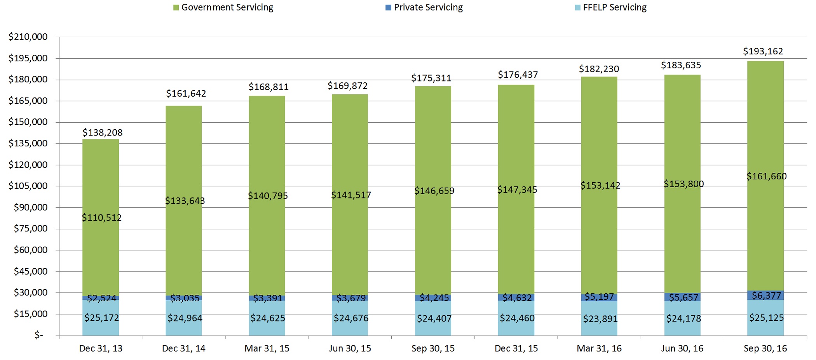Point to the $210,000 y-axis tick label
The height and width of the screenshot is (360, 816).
28,37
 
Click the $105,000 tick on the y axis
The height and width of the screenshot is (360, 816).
28,186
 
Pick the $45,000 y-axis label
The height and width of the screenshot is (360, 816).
31,271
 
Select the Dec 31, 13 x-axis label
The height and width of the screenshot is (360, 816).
101,348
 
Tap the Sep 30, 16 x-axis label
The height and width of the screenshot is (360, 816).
765,348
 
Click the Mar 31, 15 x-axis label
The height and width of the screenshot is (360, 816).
267,348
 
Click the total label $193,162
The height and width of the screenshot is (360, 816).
763,51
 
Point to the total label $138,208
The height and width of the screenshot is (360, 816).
103,132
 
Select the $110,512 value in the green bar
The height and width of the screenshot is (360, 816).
102,217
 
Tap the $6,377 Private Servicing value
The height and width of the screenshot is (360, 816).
766,296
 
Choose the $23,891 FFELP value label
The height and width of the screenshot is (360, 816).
600,319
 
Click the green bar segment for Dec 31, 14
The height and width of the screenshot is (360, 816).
184,155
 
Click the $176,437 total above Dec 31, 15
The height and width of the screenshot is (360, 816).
518,75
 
